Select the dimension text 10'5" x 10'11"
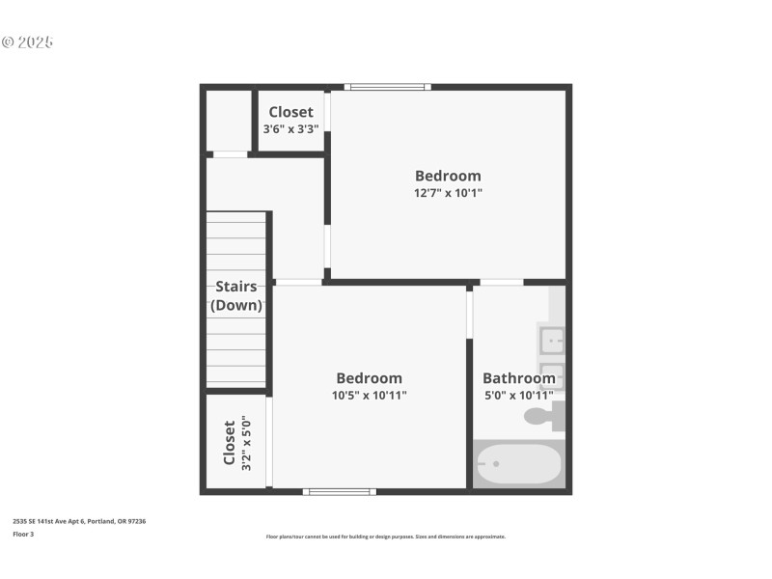point(370,395)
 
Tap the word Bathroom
point(518,378)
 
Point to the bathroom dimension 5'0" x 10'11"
point(518,395)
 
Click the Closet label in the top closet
point(290,112)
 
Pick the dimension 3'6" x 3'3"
point(290,128)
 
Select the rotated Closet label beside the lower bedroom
point(229,442)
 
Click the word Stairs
point(236,287)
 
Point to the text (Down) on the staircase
point(236,305)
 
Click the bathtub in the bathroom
point(518,464)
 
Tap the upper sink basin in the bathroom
point(551,340)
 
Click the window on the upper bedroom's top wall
point(387,87)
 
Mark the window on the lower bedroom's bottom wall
point(340,492)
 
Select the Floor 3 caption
point(23,534)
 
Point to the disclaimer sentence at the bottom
point(385,537)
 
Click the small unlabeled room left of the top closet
point(229,121)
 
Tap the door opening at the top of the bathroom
point(501,283)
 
